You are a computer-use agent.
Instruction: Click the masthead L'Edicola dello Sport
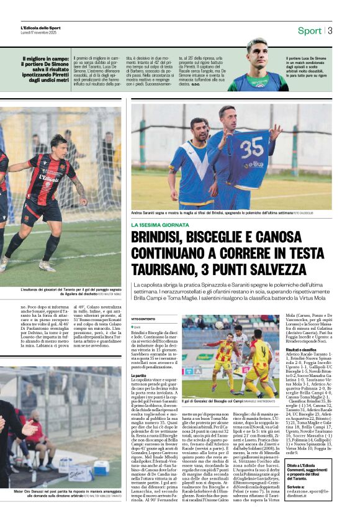(41, 28)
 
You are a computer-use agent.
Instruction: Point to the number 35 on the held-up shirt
(252, 149)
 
